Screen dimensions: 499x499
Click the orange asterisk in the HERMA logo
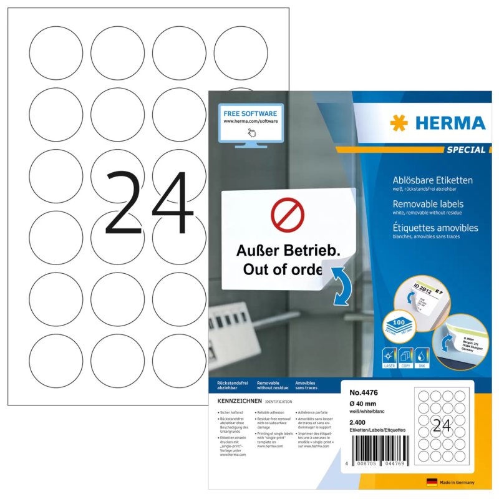tap(399, 123)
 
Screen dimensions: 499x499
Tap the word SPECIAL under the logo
tap(465, 150)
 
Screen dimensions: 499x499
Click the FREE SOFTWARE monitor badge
tap(250, 125)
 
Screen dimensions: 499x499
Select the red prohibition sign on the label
tap(287, 215)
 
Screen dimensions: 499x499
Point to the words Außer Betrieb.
tap(289, 251)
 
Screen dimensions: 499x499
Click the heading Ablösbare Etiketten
tap(432, 180)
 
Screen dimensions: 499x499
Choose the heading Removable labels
tap(427, 204)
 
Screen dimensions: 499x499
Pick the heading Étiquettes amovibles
tap(435, 228)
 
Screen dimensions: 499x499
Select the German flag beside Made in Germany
tap(431, 482)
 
